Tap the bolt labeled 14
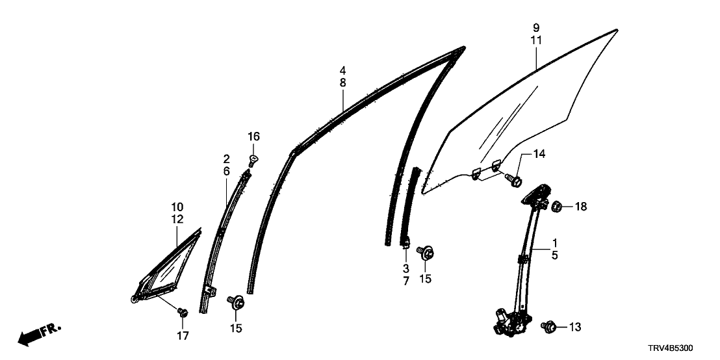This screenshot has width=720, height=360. coord(513,179)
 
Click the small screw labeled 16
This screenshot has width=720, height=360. coord(253,161)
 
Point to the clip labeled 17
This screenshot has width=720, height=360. coord(183,313)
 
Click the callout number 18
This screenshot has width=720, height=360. coord(581,207)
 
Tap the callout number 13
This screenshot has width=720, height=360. coord(575,327)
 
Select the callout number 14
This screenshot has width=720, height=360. coord(539,154)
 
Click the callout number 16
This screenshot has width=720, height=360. coord(253,136)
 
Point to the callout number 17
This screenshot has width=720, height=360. coord(183,336)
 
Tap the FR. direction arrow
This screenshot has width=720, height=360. coord(39,335)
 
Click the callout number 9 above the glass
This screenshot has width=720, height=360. coord(536,27)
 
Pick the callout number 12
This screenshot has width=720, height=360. coord(177,219)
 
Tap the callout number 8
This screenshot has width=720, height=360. coord(343,83)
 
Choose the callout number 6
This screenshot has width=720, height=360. coord(226,171)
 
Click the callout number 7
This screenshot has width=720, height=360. coord(406,281)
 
